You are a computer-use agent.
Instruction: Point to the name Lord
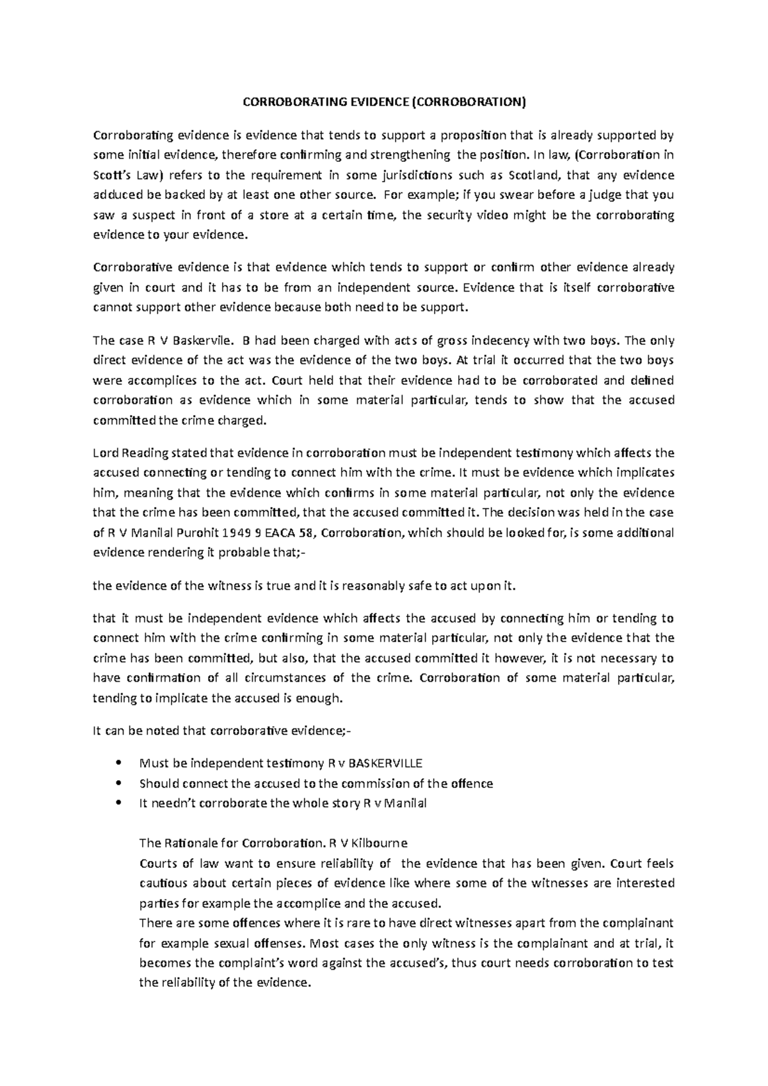click(x=106, y=453)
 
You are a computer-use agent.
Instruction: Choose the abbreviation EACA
click(x=280, y=533)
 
